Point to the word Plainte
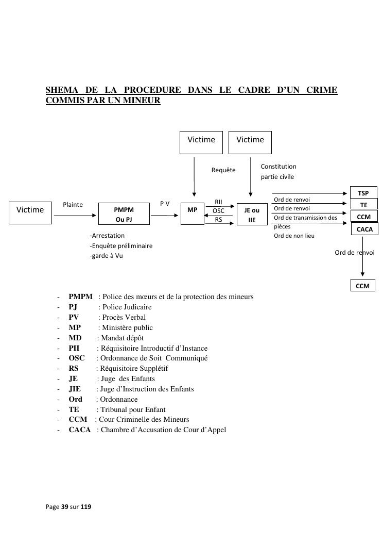(73, 205)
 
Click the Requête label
(223, 170)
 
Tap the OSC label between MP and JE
(218, 211)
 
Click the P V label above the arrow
(165, 204)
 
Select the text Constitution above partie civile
(278, 166)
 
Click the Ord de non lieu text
(294, 236)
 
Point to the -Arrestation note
(107, 236)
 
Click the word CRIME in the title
(322, 90)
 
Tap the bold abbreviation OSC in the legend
(77, 358)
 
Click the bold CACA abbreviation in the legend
(79, 430)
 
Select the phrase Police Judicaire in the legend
(127, 307)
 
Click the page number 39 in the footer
(65, 506)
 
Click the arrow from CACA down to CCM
(362, 256)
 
